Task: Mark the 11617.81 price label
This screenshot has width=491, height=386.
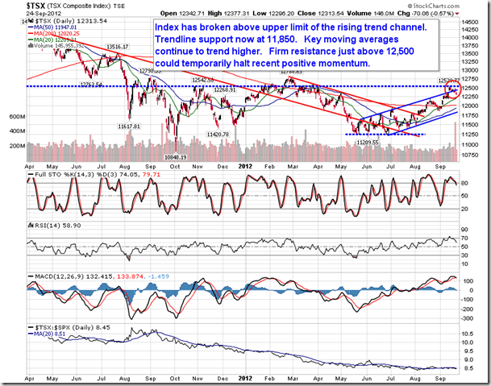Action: pyautogui.click(x=130, y=127)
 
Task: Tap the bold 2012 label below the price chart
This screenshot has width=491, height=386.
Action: pyautogui.click(x=247, y=165)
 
